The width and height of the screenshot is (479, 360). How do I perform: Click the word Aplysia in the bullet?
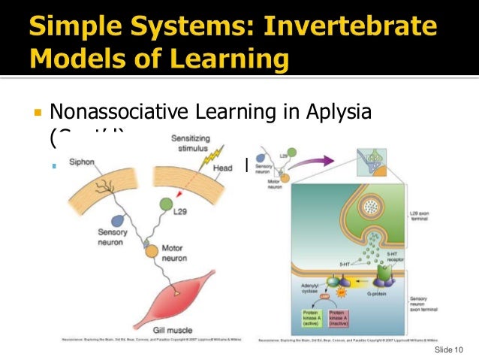pyautogui.click(x=336, y=115)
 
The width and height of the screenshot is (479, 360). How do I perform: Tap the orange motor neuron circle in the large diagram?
pyautogui.click(x=151, y=250)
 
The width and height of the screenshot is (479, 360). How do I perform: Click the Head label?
pyautogui.click(x=223, y=168)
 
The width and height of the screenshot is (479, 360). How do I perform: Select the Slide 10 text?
pyautogui.click(x=450, y=349)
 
